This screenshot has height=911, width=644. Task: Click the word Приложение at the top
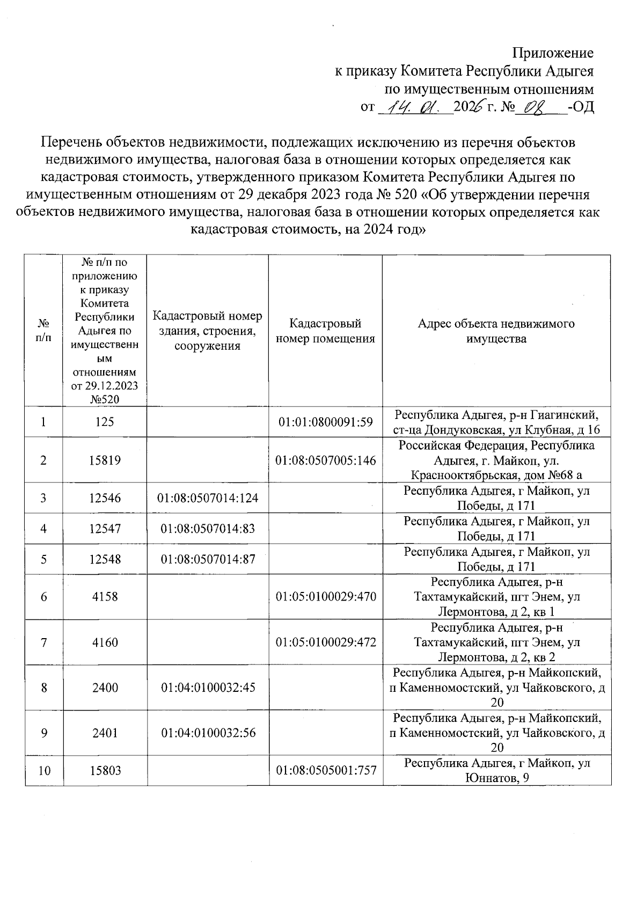[553, 53]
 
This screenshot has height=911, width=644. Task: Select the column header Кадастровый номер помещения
[325, 331]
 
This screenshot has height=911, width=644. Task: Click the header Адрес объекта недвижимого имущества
[496, 331]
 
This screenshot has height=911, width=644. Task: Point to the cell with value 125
[105, 422]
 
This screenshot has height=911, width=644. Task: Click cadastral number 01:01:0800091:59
[325, 422]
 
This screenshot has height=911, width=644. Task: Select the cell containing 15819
[105, 460]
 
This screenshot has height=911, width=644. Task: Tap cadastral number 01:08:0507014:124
[208, 498]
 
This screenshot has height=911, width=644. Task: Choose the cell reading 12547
[105, 529]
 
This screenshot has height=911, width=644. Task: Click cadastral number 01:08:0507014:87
[208, 559]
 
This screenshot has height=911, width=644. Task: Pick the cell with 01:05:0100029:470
[325, 597]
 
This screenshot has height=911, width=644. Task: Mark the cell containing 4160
[105, 642]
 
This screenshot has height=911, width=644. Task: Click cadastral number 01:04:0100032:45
[208, 688]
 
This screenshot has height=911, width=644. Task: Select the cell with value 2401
[105, 733]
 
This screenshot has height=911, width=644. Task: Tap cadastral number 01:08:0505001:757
[325, 771]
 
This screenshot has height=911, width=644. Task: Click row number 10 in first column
[44, 771]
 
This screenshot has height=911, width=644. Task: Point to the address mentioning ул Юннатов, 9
[496, 771]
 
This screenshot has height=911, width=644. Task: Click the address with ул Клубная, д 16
[496, 422]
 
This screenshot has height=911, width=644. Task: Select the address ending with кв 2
[496, 642]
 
